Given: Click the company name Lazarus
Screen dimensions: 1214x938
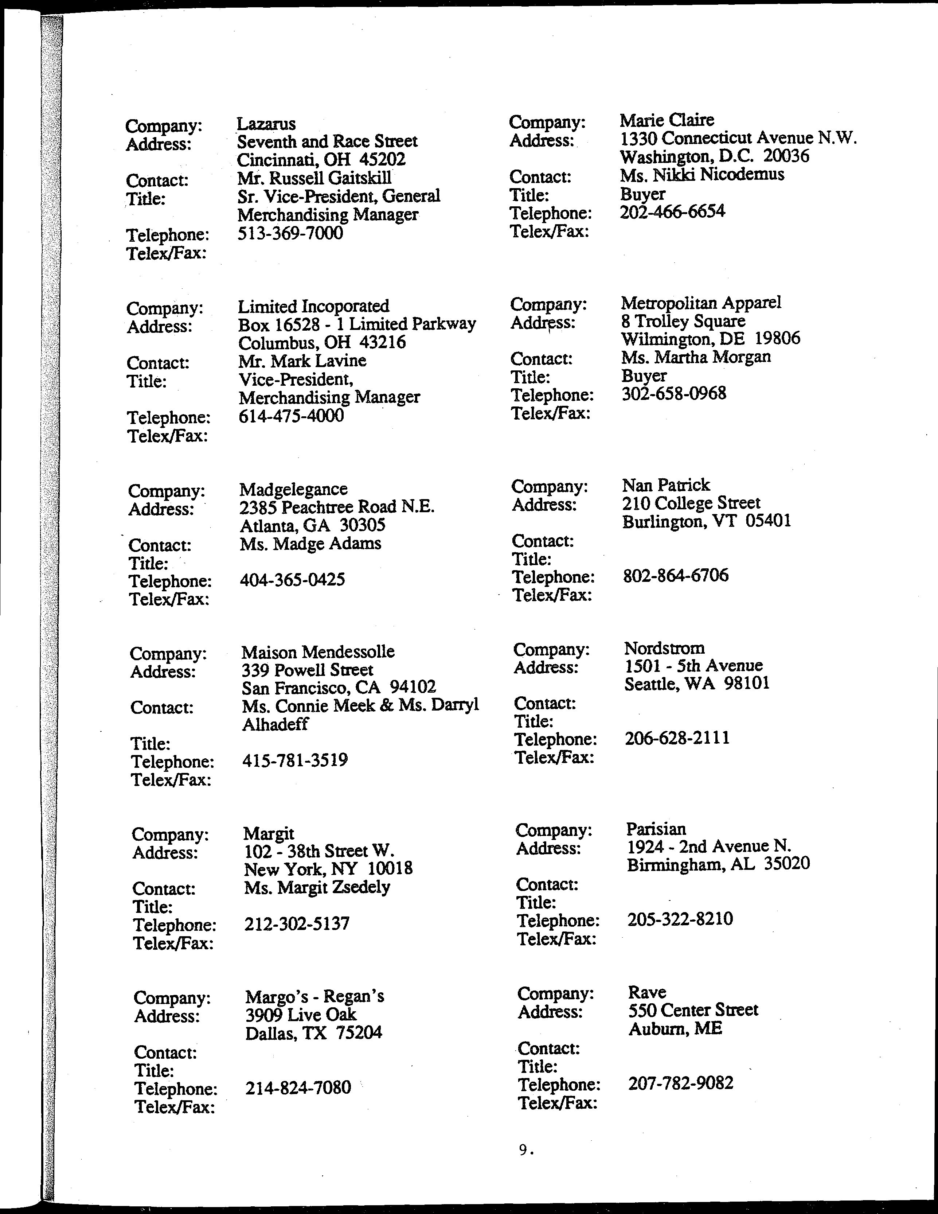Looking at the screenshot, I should coord(266,124).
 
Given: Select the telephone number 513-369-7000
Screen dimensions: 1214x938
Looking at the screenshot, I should coord(290,233).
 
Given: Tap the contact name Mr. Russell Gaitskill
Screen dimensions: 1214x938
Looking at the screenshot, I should coord(314,178).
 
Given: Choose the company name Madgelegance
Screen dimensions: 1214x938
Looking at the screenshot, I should coord(293,489).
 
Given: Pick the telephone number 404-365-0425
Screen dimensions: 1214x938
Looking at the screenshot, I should coord(292,580).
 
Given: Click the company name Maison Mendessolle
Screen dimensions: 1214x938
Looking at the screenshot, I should coord(318,651).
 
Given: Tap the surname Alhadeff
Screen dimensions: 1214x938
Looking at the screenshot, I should coord(275,724).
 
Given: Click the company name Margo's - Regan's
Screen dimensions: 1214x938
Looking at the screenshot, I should coord(314,996).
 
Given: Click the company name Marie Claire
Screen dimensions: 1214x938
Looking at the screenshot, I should coord(667,120).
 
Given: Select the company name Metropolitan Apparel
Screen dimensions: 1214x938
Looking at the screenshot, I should coord(701,303).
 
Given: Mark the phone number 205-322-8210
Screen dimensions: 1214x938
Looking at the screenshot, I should coord(680,919).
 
